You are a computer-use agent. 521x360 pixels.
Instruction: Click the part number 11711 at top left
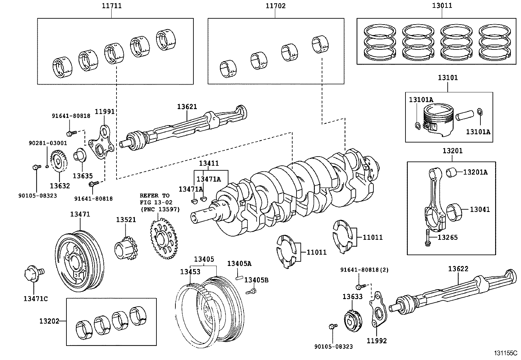112,6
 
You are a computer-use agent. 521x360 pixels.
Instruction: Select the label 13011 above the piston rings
442,6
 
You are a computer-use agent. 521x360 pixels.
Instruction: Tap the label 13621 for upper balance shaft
187,106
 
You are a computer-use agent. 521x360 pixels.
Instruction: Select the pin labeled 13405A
239,278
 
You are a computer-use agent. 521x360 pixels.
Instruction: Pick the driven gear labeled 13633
353,319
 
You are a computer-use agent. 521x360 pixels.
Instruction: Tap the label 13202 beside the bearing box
49,321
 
